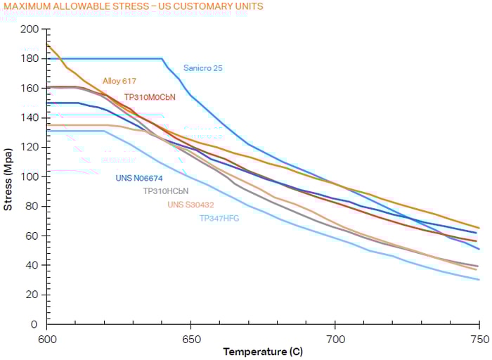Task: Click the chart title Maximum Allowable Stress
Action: click(x=134, y=6)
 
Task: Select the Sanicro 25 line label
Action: click(x=203, y=68)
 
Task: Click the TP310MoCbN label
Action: click(x=150, y=97)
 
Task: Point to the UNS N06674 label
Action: click(x=139, y=179)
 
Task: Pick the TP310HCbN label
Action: click(x=166, y=191)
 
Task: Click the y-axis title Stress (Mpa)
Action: click(x=8, y=179)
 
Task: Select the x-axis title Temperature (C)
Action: click(x=263, y=351)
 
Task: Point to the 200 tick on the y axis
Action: click(x=30, y=30)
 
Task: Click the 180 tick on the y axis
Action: click(x=30, y=59)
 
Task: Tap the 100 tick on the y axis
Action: click(x=30, y=176)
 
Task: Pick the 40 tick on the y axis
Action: click(x=32, y=265)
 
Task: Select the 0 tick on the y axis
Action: click(x=35, y=324)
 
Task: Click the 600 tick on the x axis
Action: click(x=47, y=338)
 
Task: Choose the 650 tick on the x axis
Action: click(x=190, y=338)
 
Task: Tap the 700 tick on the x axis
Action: click(x=335, y=338)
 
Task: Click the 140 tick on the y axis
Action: click(x=30, y=118)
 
